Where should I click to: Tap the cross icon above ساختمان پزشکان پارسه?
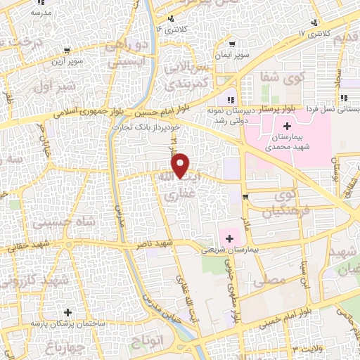[67, 311]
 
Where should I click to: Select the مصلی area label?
[273, 279]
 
